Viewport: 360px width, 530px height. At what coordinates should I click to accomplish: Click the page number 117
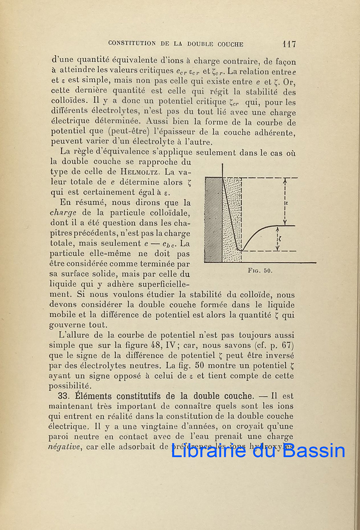[x=289, y=44]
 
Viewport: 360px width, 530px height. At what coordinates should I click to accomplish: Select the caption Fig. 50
[x=261, y=271]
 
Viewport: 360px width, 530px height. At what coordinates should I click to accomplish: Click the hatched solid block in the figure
[x=213, y=219]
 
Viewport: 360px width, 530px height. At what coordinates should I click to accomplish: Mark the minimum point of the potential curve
[x=240, y=250]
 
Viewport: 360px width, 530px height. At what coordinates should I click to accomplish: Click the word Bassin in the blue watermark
[x=314, y=450]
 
